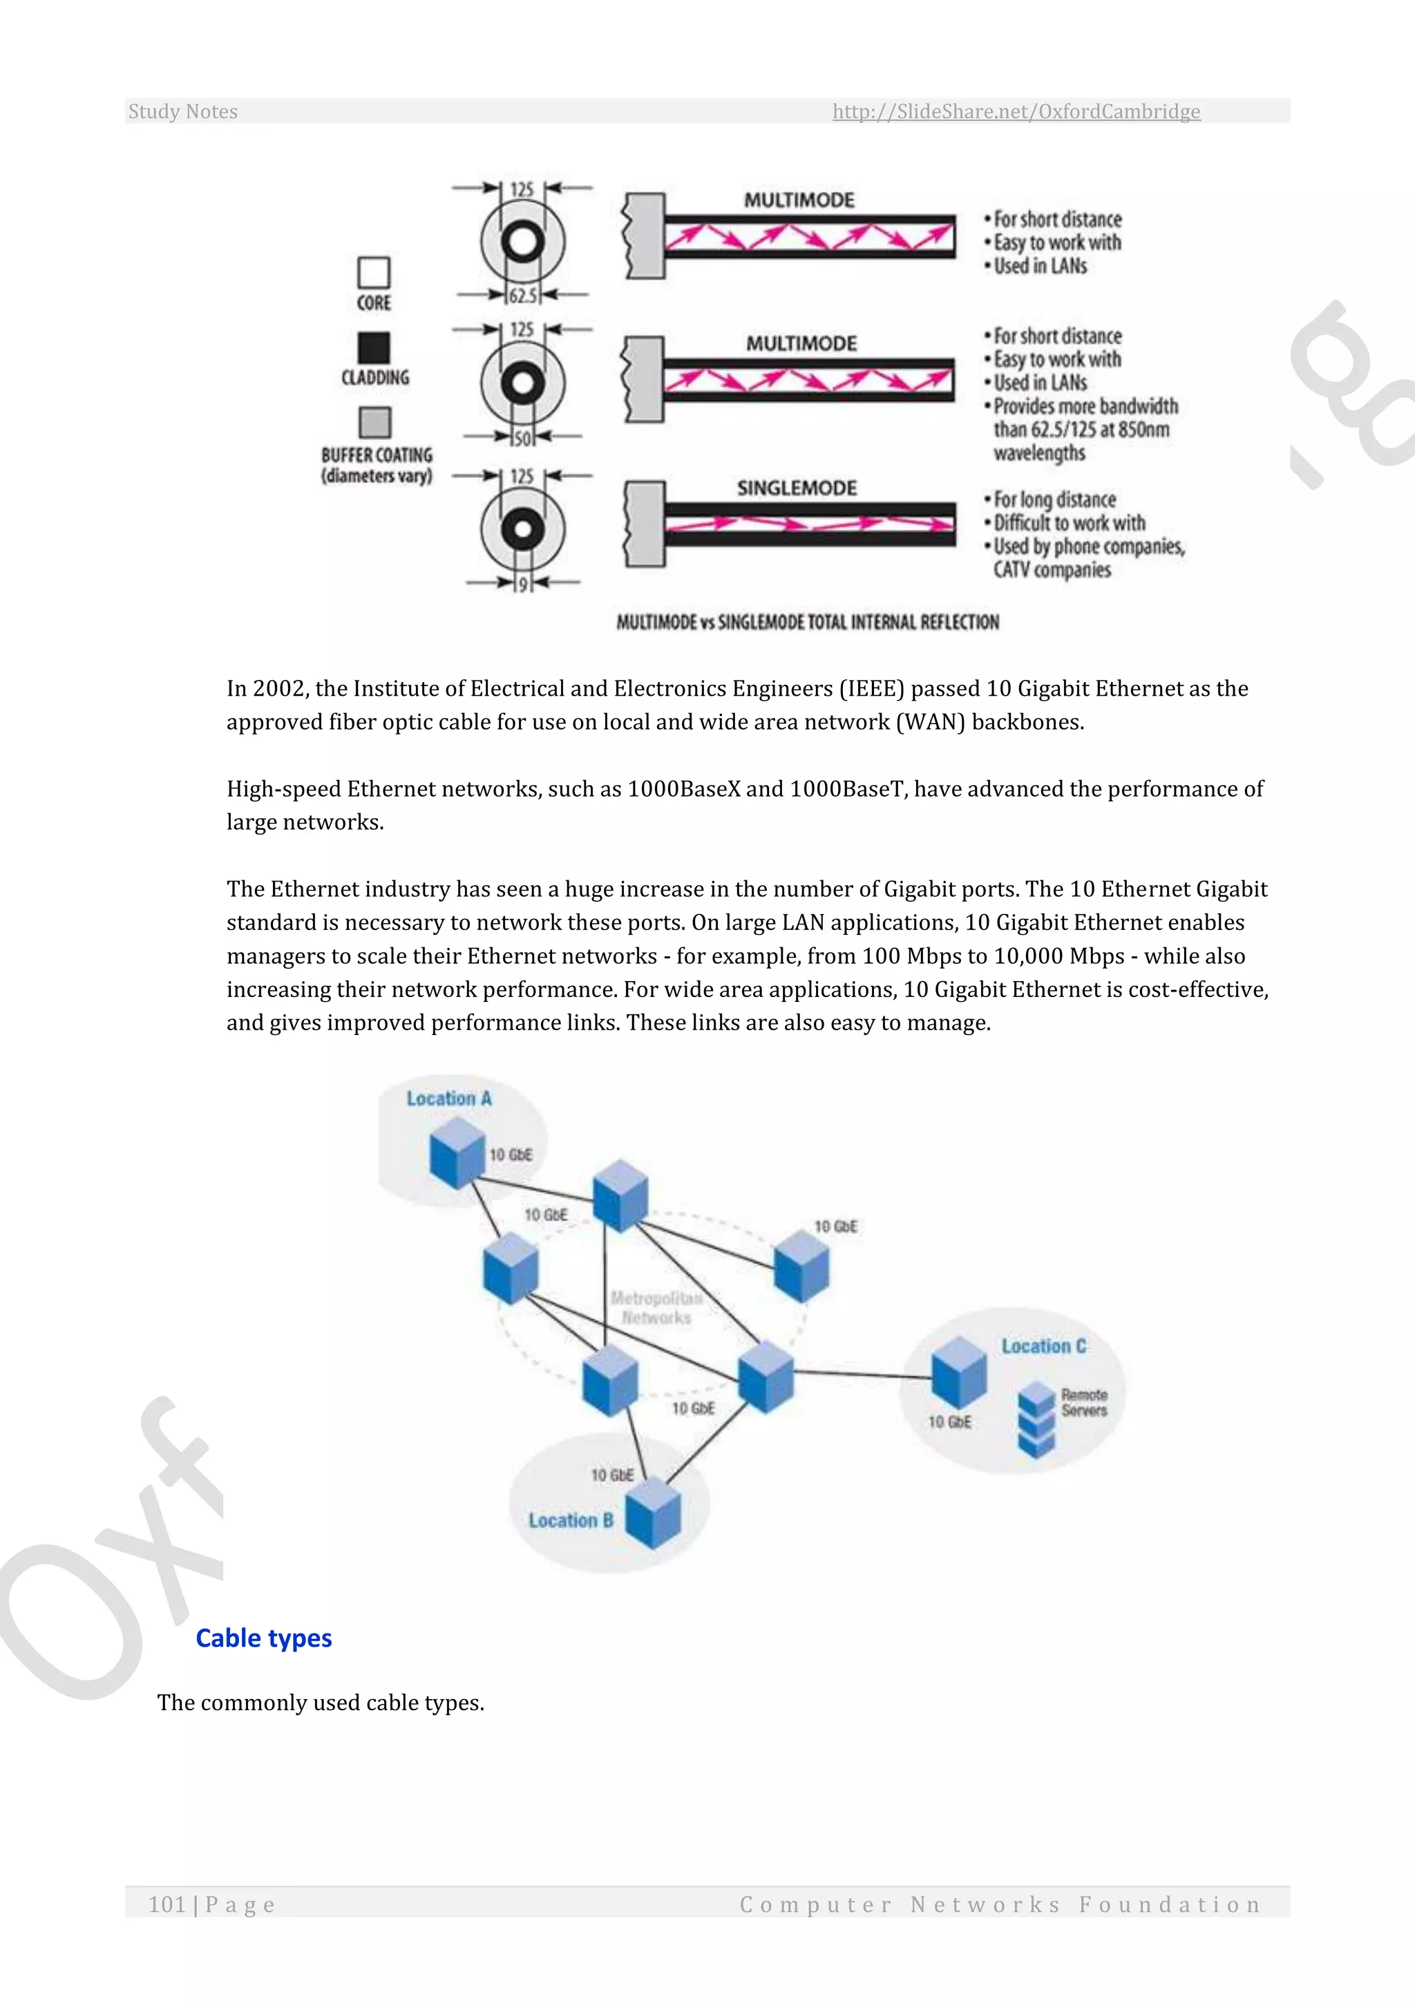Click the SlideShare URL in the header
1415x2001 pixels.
coord(1016,111)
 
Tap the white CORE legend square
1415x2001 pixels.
coord(374,273)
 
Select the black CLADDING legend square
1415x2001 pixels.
coord(374,348)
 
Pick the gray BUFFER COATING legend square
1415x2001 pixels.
coord(374,423)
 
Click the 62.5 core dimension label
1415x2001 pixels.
coord(523,296)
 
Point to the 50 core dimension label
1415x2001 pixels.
coord(522,438)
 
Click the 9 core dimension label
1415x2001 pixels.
coord(522,585)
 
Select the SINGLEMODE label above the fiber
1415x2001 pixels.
coord(797,488)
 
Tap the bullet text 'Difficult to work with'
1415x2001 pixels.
coord(1069,523)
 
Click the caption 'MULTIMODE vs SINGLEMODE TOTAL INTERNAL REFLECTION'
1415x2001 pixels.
coord(808,623)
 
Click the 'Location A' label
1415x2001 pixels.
coord(448,1099)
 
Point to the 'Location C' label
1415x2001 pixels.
coord(1043,1347)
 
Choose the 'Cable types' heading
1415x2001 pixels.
coord(264,1638)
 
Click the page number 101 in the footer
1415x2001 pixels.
coord(167,1904)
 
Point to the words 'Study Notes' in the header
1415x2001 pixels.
coord(183,111)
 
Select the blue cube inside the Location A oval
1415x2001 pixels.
coord(457,1153)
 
